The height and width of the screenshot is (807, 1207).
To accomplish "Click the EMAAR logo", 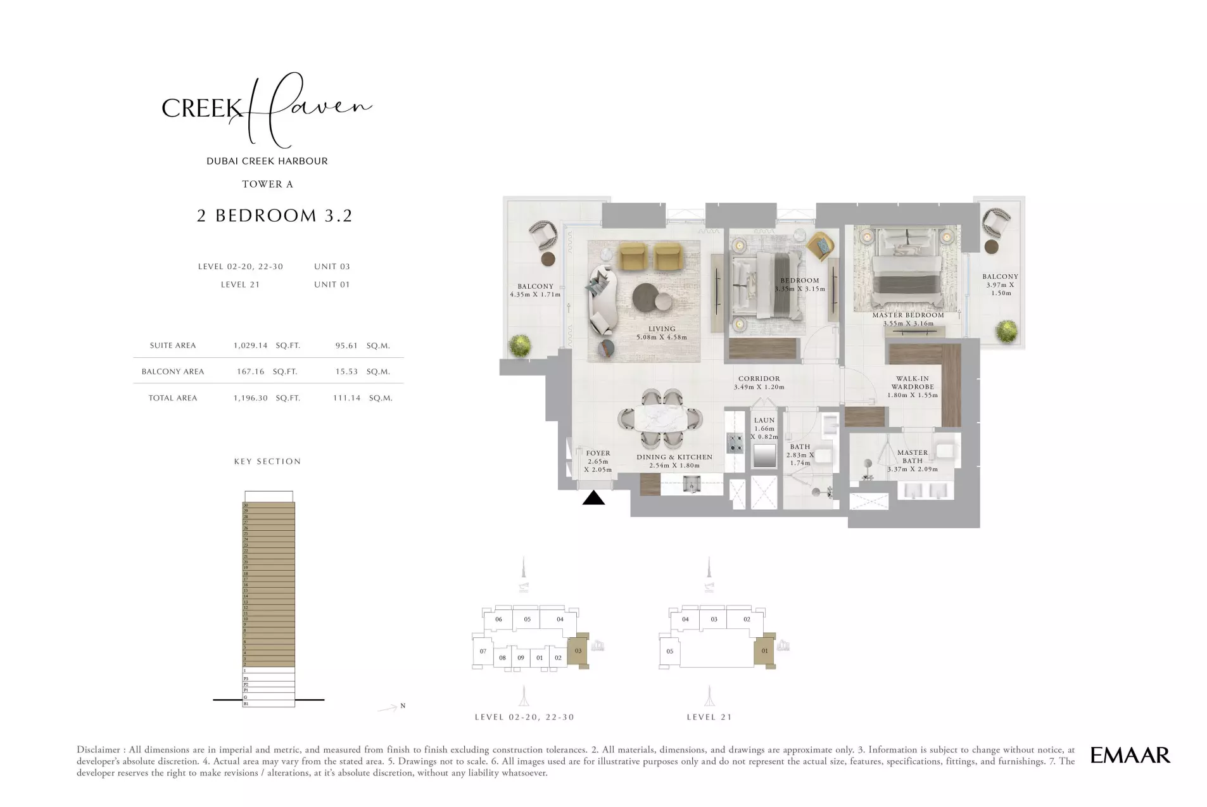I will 1129,754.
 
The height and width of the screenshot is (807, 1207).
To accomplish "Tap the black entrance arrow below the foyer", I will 593,499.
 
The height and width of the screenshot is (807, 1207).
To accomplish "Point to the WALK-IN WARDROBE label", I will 912,386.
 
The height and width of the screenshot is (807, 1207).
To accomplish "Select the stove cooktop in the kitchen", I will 735,442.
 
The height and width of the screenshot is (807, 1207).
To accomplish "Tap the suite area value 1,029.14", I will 251,346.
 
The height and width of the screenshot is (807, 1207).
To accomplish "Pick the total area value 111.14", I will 346,398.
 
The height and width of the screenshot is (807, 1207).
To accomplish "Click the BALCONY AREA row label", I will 172,372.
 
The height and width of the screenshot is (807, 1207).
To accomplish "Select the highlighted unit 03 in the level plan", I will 578,651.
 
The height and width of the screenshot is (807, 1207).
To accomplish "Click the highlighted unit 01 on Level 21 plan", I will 764,651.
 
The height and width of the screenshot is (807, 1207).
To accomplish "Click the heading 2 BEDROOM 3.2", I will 274,215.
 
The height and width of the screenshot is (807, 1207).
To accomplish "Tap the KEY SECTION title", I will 267,461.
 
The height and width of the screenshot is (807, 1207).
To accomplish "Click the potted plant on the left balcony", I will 521,345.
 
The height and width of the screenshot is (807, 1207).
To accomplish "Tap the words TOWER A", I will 267,184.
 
